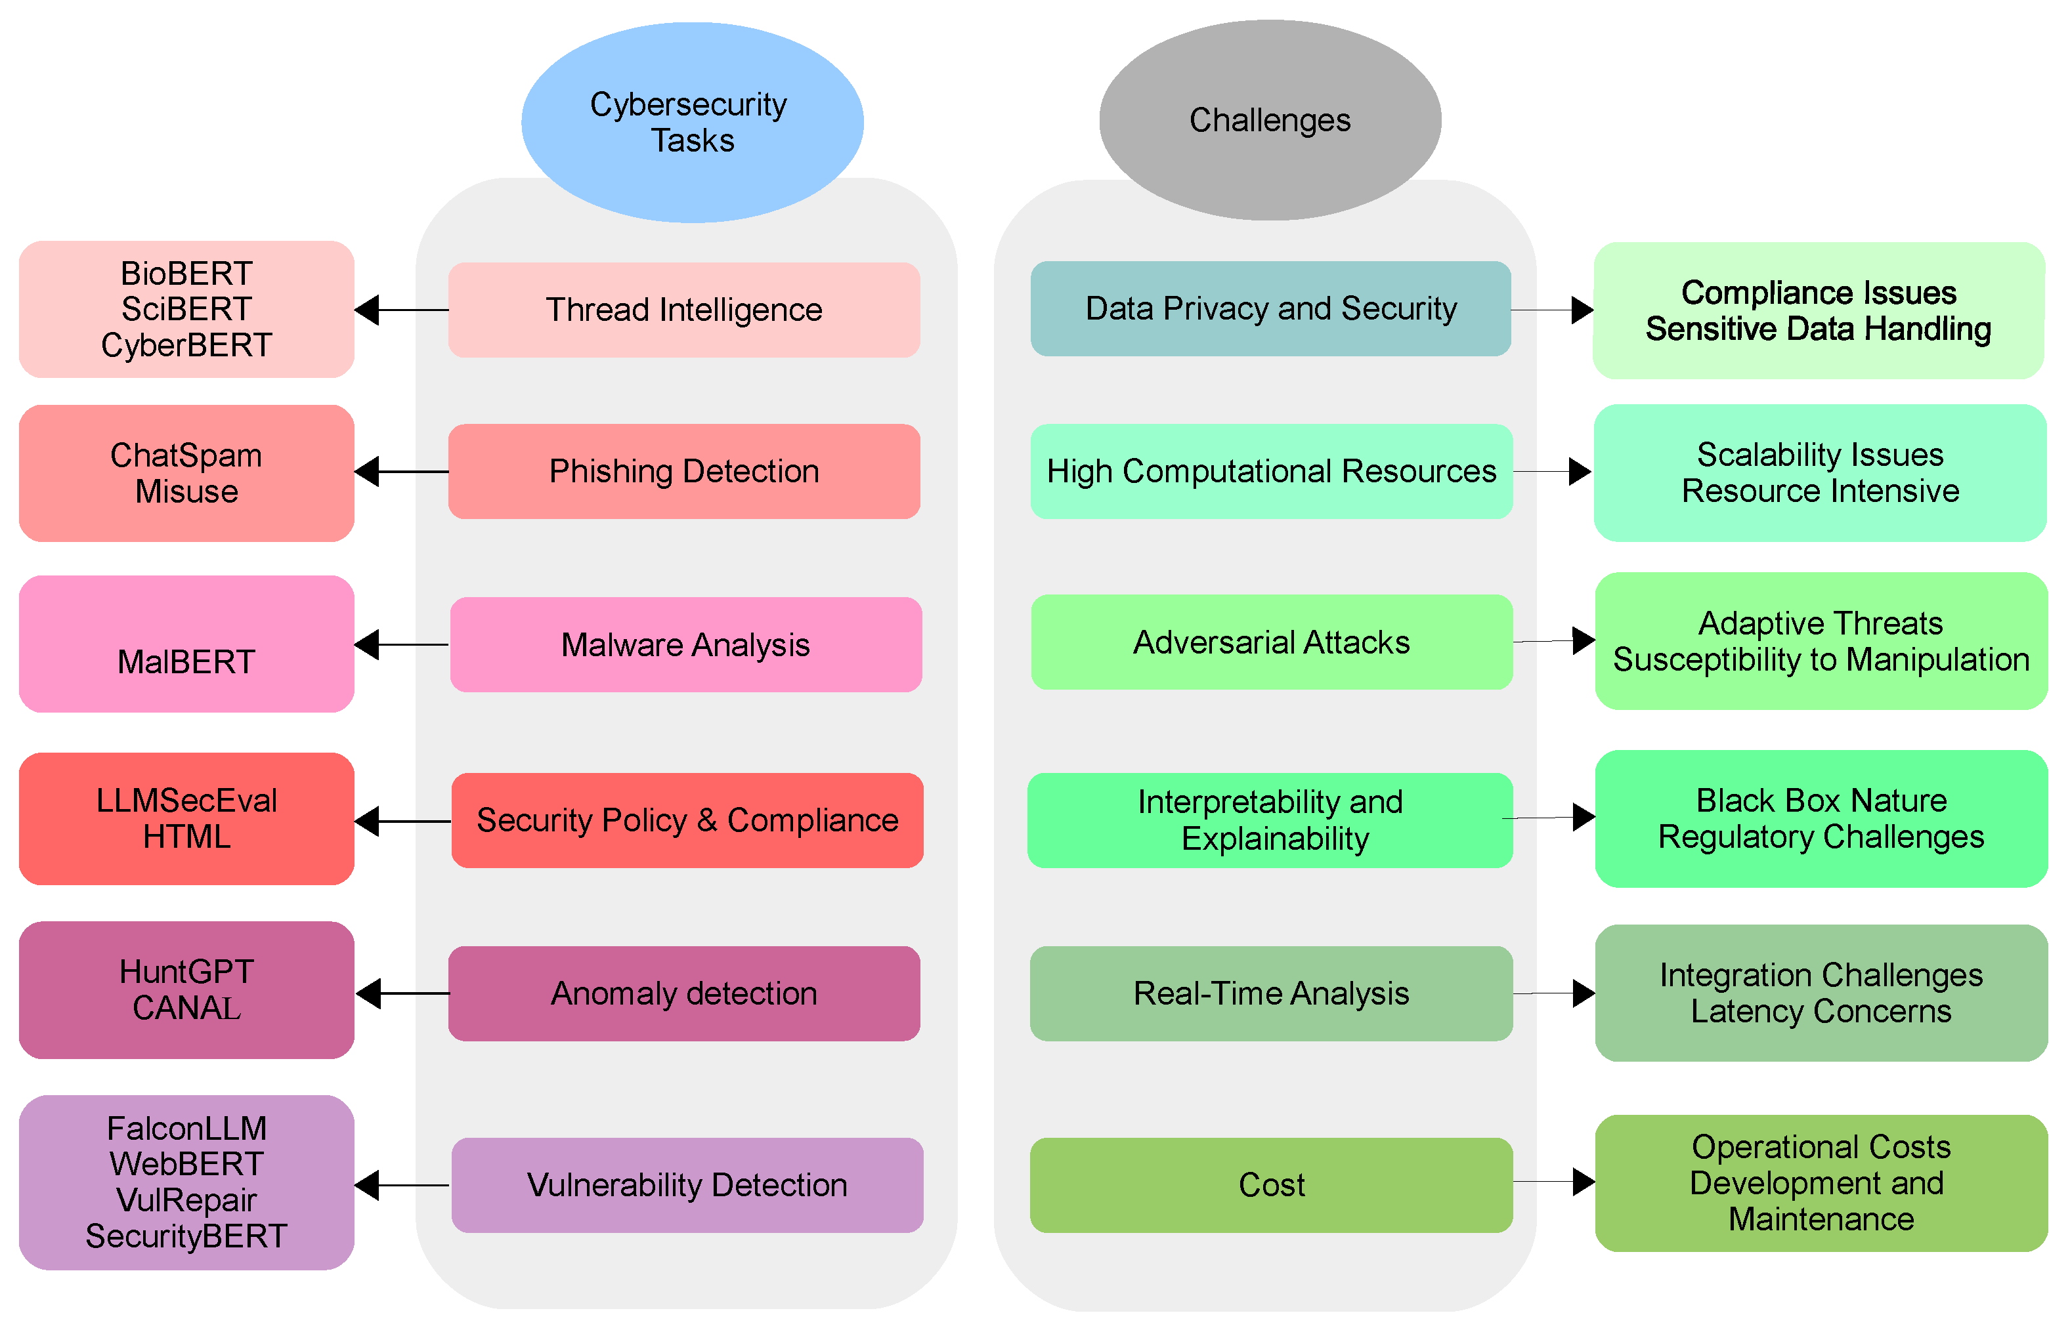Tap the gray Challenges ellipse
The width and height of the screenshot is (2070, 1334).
(1270, 119)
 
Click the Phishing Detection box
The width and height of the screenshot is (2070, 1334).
(683, 471)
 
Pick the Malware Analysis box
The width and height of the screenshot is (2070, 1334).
(685, 644)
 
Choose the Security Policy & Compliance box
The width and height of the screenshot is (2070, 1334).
(687, 820)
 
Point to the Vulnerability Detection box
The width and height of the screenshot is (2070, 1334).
(687, 1185)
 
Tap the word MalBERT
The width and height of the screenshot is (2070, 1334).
(186, 663)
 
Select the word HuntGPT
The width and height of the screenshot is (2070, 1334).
(186, 972)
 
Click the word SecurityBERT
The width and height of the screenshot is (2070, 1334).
(186, 1236)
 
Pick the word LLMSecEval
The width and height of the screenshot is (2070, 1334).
(186, 801)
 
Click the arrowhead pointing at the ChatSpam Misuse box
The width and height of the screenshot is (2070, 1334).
(368, 472)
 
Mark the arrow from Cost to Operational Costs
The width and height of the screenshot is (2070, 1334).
(1553, 1182)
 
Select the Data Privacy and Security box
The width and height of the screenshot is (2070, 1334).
(1270, 308)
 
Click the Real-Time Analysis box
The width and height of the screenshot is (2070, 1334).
(1271, 993)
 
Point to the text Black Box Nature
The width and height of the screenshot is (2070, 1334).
(1821, 801)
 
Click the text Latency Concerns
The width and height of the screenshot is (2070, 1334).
(1821, 1012)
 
